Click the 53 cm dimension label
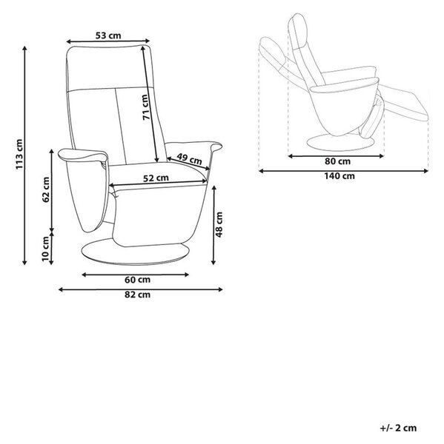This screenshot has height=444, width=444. [x=108, y=36]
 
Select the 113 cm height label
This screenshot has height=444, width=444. [x=19, y=155]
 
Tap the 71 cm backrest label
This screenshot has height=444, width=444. [x=145, y=107]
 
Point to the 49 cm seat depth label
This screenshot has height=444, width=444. [x=189, y=159]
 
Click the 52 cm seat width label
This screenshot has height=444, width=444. [x=156, y=178]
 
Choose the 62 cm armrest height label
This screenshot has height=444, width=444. [x=46, y=189]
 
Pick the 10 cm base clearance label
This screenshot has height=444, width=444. [x=46, y=249]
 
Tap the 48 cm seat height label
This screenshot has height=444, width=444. [x=219, y=224]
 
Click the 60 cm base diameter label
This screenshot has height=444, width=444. [x=138, y=280]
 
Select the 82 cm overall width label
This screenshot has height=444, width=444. [x=138, y=295]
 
